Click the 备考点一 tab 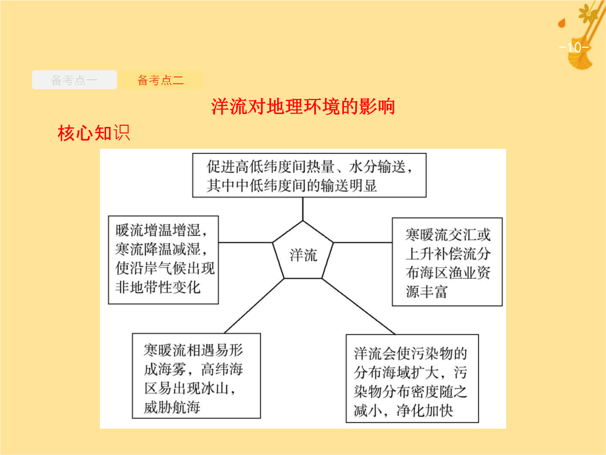click(74, 80)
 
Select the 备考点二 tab click(160, 80)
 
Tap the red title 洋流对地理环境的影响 click(303, 106)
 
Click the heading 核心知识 click(94, 133)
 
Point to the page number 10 click(575, 47)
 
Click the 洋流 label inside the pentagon click(304, 255)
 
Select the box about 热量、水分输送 click(309, 175)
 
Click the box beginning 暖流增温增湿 click(163, 260)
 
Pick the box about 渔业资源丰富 click(447, 262)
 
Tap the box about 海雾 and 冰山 click(196, 376)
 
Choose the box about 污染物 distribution click(412, 379)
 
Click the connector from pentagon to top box click(302, 209)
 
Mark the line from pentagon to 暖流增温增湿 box click(246, 243)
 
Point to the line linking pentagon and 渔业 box click(362, 243)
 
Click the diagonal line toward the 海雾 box click(254, 306)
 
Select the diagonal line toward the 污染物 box click(358, 307)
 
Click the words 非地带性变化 click(158, 287)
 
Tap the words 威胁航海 click(172, 407)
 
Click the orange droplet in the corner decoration click(562, 23)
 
